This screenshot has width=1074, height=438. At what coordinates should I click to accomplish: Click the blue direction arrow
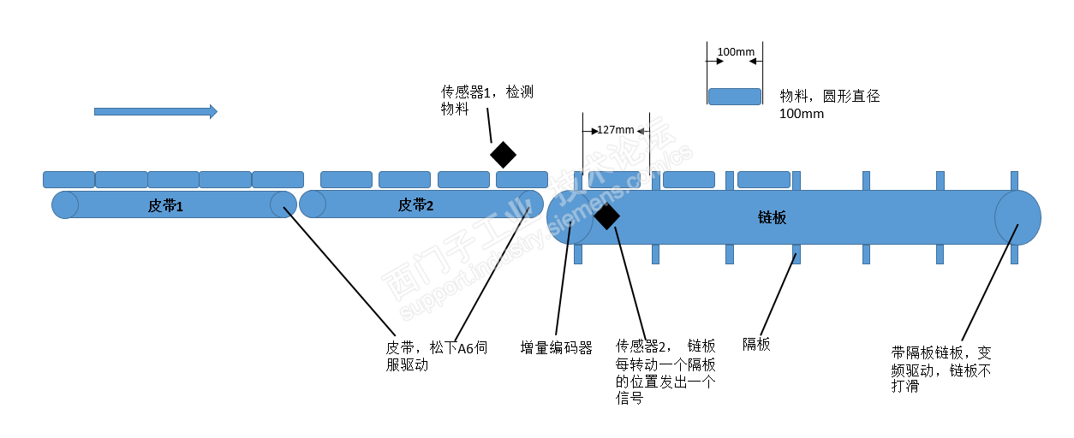155,111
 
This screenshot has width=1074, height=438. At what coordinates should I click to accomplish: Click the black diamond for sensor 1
503,155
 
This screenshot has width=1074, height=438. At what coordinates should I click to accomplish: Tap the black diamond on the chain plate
606,217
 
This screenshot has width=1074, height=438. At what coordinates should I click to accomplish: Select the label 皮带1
165,205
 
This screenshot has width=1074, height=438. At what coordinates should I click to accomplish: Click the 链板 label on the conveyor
772,217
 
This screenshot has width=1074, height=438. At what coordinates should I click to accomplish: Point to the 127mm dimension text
616,130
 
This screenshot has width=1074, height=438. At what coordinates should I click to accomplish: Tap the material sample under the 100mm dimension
735,96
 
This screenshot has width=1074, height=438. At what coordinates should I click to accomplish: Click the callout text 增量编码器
557,348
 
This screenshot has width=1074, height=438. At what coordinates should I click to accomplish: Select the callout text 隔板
756,345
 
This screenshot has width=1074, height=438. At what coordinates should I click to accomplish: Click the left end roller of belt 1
64,205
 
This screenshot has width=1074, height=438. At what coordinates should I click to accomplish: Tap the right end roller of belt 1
283,204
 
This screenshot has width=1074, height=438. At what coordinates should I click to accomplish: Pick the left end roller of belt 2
313,204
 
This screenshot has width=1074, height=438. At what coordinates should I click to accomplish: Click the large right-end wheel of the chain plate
1017,217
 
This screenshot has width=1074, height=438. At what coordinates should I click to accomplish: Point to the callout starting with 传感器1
486,100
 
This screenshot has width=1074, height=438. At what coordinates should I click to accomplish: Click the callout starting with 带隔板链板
941,369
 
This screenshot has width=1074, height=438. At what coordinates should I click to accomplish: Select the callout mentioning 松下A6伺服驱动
436,357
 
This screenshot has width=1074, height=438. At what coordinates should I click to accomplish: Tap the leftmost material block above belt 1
69,180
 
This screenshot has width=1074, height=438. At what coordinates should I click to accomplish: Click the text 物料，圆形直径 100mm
829,104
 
